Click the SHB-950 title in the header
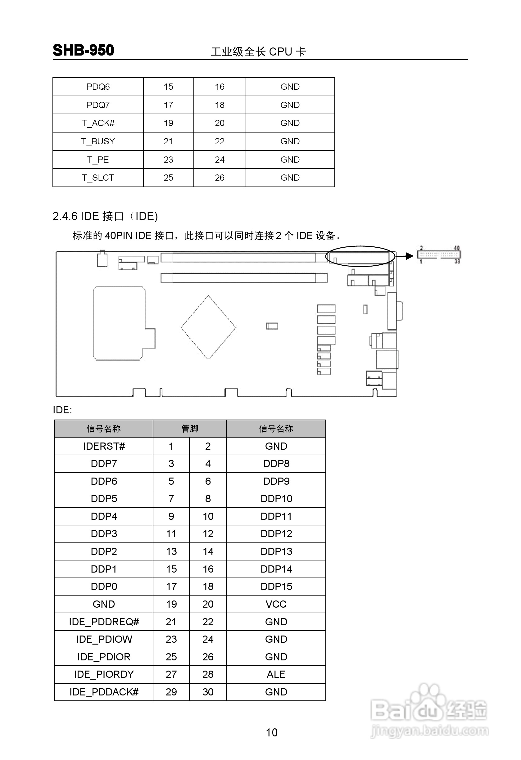tap(84, 50)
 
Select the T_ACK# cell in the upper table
tap(98, 123)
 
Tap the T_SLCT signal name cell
tap(98, 178)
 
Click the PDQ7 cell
tap(98, 105)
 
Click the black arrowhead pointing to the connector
tap(409, 256)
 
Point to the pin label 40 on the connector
tap(456, 248)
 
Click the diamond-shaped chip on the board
tap(208, 327)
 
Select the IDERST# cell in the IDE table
tap(104, 446)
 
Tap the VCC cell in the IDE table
tap(276, 604)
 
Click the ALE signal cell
tap(276, 674)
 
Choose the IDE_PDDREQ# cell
tap(104, 622)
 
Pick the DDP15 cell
tap(276, 586)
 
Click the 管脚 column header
tap(190, 428)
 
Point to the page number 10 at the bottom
tap(272, 732)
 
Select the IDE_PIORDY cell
tap(104, 674)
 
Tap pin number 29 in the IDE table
tap(171, 692)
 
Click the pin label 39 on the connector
tap(457, 261)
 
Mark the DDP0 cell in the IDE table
tap(104, 586)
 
